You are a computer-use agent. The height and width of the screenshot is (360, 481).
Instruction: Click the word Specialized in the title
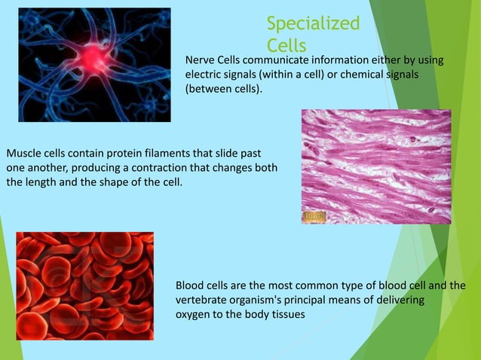(313, 23)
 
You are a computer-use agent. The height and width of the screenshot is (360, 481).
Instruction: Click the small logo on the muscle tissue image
(314, 217)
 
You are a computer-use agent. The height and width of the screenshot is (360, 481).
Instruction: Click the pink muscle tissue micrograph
(375, 166)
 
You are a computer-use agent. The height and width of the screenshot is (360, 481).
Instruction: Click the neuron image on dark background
(94, 65)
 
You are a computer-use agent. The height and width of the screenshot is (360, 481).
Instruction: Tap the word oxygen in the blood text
(193, 316)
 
